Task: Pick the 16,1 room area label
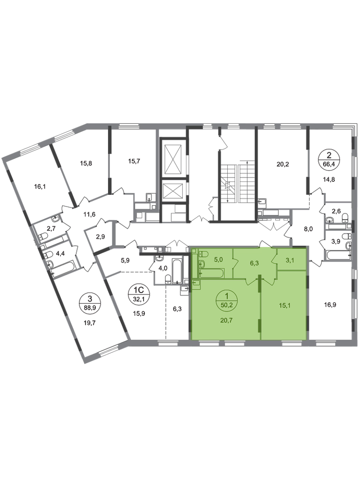click(x=40, y=186)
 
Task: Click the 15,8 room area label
click(x=86, y=163)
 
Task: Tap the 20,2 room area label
click(x=282, y=164)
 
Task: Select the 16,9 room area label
click(x=321, y=305)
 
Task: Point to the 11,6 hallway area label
click(x=90, y=214)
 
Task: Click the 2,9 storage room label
click(x=100, y=236)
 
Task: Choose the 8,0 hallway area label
click(x=309, y=229)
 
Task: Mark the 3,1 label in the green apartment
click(x=289, y=260)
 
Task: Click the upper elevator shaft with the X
click(x=173, y=159)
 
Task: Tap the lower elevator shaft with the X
click(x=173, y=191)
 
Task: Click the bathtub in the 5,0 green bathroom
click(x=212, y=273)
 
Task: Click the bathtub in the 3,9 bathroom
click(x=339, y=256)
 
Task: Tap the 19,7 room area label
click(x=90, y=322)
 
